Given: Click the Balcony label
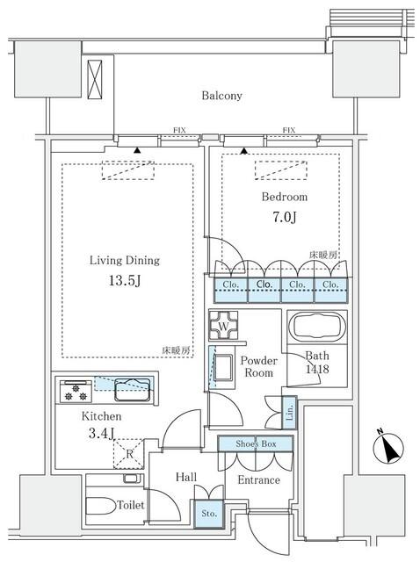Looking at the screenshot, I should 221,95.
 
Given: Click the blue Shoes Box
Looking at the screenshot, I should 256,445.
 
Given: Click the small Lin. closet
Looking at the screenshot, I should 289,410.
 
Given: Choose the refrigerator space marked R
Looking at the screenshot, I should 129,454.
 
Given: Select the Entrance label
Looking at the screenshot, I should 258,479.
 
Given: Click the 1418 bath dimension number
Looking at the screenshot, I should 317,370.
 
